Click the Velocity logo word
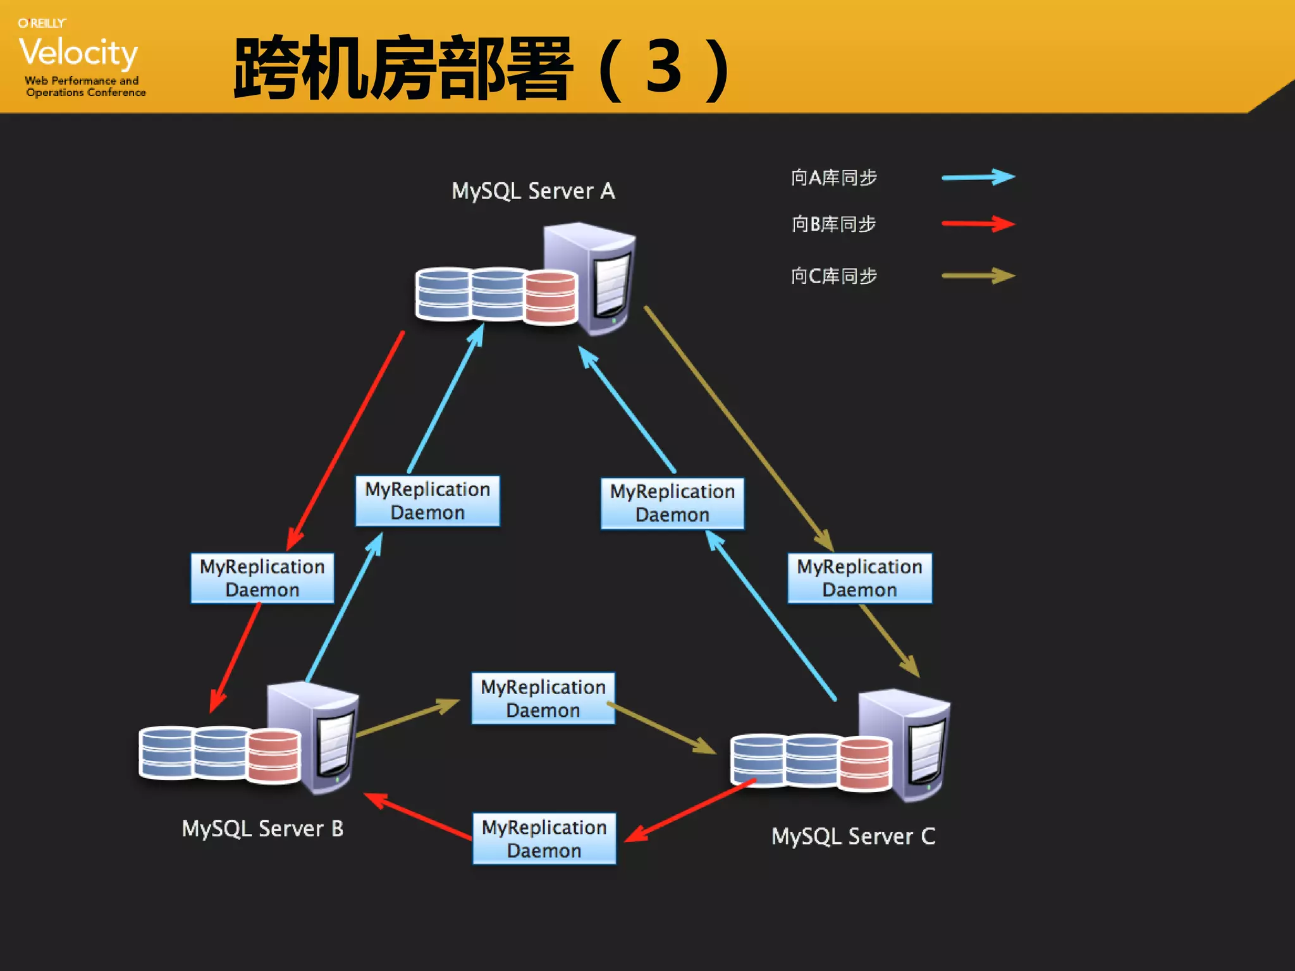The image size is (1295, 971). point(78,52)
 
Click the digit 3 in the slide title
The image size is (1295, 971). point(663,67)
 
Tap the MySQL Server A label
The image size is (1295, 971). point(533,191)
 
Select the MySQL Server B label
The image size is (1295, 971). point(262,828)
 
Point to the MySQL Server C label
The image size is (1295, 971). point(853,836)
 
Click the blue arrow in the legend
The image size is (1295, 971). point(978,177)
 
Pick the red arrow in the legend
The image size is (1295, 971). point(978,224)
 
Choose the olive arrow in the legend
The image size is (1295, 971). point(978,276)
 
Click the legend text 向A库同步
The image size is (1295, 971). point(833,178)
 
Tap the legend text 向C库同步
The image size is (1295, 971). point(833,276)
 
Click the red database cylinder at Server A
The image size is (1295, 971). point(551,297)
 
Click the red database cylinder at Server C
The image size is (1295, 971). point(865,764)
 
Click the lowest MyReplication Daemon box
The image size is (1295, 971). point(544,839)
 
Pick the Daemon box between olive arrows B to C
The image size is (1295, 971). point(543,699)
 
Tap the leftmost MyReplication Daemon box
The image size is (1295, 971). point(262,578)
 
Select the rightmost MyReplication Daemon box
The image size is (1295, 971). point(859,578)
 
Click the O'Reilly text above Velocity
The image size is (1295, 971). point(42,23)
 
